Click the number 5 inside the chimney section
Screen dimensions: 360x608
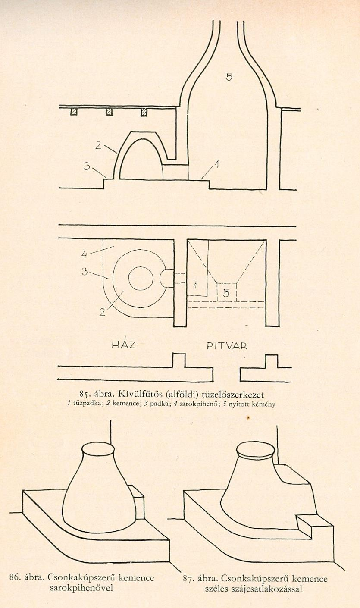point(229,77)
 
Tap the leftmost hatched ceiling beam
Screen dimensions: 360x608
point(74,112)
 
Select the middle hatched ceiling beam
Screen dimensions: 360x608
point(109,112)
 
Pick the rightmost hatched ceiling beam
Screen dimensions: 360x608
point(144,112)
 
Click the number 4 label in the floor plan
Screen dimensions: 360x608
point(85,254)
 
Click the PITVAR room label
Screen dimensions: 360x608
point(227,346)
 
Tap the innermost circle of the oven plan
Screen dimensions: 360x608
point(141,279)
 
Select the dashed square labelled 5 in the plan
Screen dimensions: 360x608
point(227,292)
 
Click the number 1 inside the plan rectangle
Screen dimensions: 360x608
point(195,285)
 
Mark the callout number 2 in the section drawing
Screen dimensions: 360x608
point(98,145)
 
